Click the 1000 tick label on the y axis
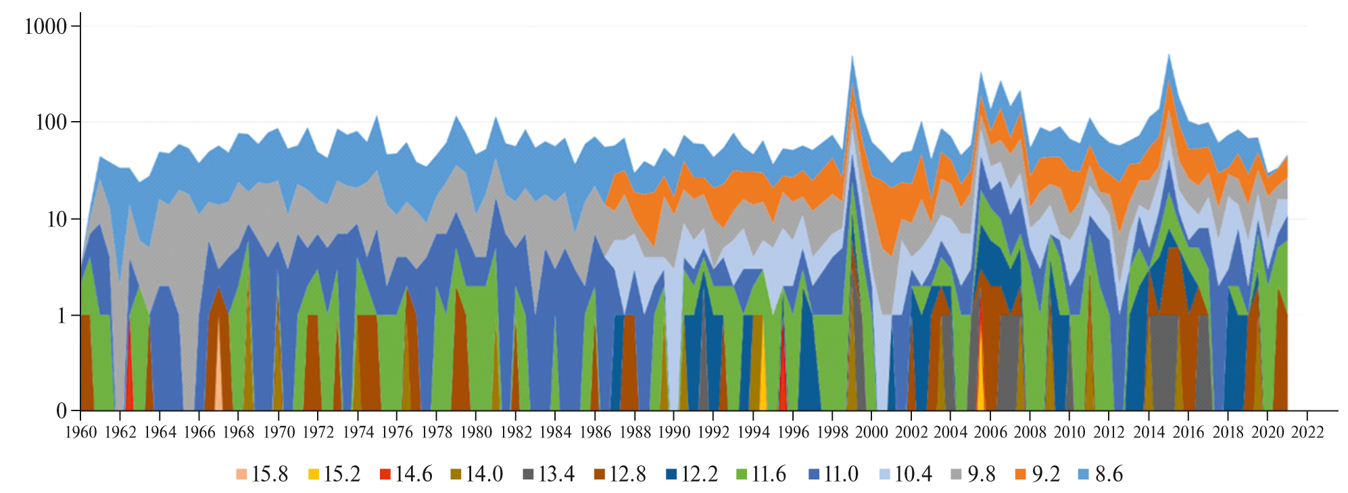coord(45,26)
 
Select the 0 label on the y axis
coord(62,410)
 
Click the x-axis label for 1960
coord(80,432)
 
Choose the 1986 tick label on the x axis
coord(595,432)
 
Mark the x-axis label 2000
coord(872,432)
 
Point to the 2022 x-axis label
coord(1307,432)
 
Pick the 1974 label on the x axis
coord(358,432)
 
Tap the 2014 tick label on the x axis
coord(1149,432)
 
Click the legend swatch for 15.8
coord(241,474)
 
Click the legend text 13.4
coord(556,474)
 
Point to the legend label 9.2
coord(1046,474)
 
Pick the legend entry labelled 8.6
coord(1109,474)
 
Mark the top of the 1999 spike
coord(852,56)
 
